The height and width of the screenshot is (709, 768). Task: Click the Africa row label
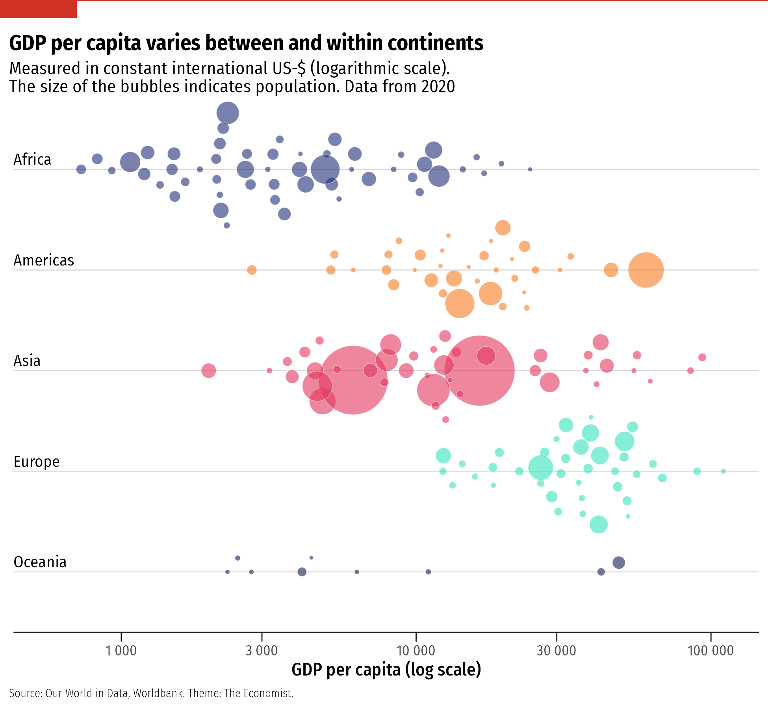32,160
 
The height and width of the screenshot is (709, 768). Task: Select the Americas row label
44,260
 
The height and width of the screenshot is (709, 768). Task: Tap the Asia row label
27,361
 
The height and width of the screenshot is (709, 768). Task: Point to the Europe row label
37,462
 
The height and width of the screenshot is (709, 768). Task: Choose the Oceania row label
40,562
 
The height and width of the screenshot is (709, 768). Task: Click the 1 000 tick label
121,650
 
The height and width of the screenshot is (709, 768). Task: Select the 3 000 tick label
262,650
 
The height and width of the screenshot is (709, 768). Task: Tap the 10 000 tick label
416,650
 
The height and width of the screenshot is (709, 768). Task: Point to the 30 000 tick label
556,650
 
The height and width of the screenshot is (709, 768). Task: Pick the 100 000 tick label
710,650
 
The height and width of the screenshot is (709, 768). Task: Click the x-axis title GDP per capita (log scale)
386,670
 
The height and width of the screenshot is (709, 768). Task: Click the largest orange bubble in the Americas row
646,270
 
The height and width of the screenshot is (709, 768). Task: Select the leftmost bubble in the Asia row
208,371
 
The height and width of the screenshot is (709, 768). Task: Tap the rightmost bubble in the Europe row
723,471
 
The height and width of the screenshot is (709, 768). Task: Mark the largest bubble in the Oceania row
619,562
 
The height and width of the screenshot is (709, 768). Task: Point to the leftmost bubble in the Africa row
81,169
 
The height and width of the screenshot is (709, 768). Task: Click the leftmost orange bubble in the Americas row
252,270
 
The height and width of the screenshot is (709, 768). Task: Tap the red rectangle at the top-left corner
38,9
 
